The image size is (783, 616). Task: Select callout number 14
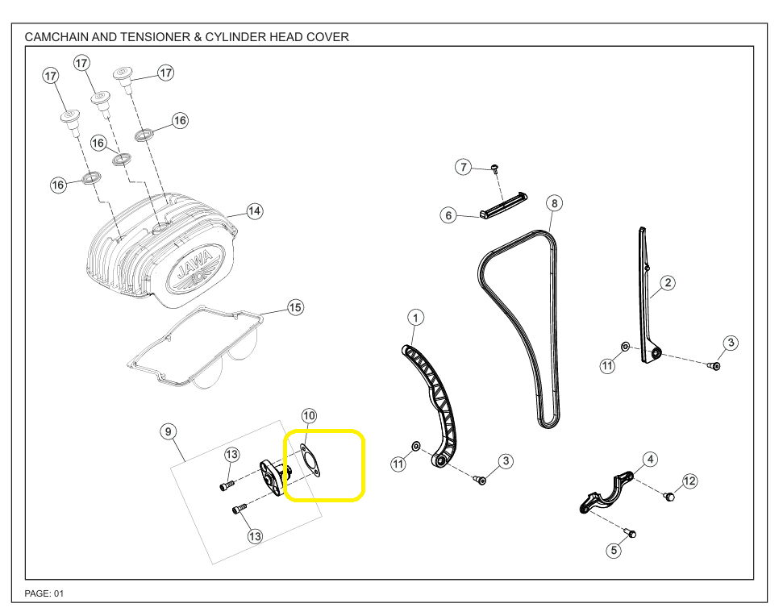click(x=255, y=211)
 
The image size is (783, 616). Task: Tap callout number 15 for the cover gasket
click(x=296, y=308)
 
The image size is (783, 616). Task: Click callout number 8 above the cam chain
click(x=554, y=203)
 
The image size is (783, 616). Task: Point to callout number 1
click(x=414, y=317)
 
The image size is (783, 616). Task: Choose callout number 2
click(x=668, y=283)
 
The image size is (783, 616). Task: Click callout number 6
click(x=449, y=215)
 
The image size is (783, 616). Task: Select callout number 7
click(x=463, y=168)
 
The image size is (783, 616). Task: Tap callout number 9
click(x=169, y=432)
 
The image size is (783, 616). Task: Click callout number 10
click(x=309, y=416)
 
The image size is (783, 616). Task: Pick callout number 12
click(x=689, y=481)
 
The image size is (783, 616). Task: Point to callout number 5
click(x=614, y=551)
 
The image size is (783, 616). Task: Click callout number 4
click(x=650, y=460)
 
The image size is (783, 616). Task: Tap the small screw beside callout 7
click(x=495, y=169)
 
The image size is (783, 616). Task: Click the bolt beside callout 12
click(x=668, y=495)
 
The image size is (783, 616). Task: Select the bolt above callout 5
click(x=631, y=532)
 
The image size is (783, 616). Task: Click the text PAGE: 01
click(x=44, y=593)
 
